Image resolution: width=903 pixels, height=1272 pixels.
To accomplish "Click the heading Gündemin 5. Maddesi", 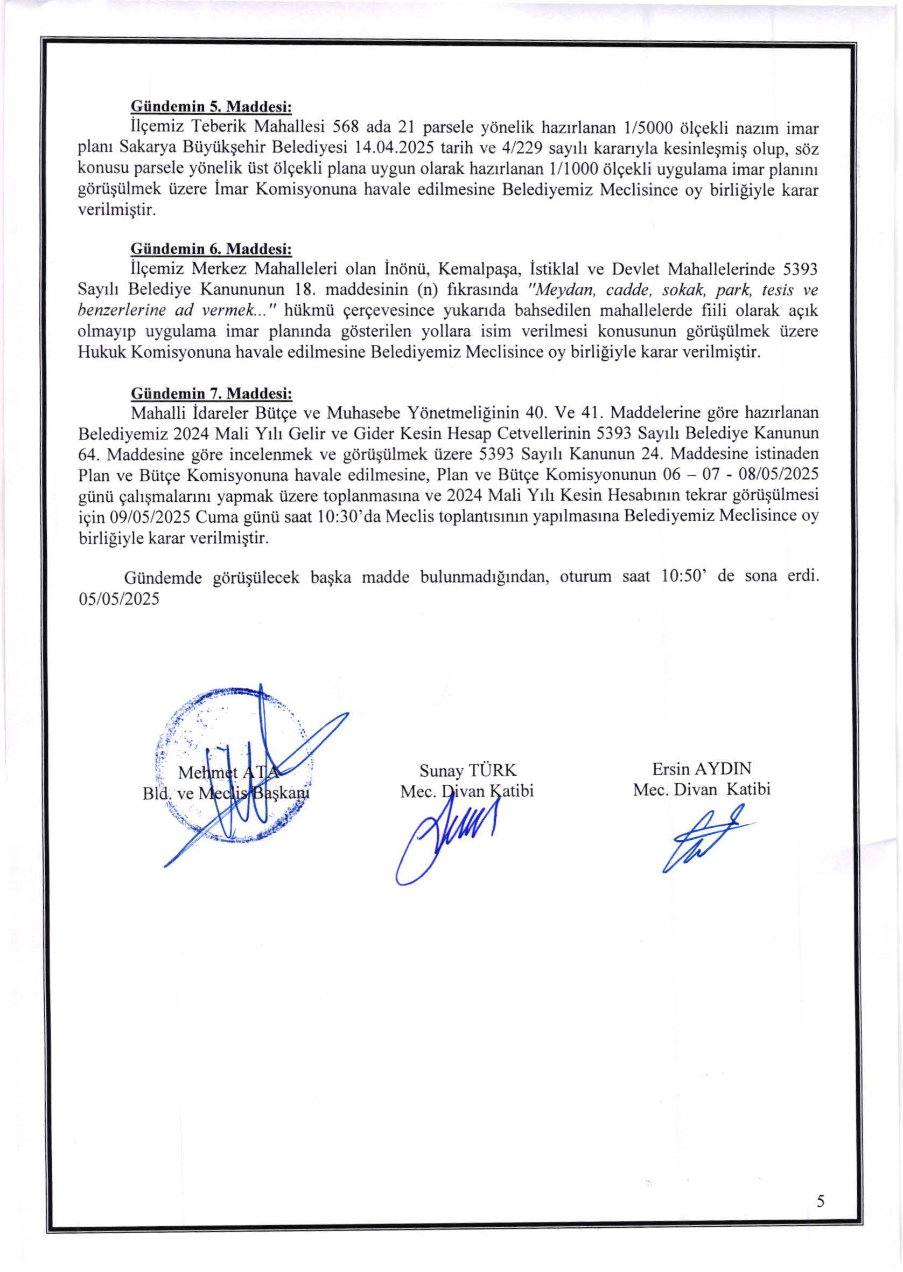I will tap(211, 106).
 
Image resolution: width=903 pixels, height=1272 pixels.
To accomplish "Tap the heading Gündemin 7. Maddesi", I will tap(211, 393).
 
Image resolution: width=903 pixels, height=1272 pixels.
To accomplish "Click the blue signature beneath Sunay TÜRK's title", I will tap(445, 835).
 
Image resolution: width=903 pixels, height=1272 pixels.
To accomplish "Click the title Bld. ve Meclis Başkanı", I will tap(225, 793).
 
